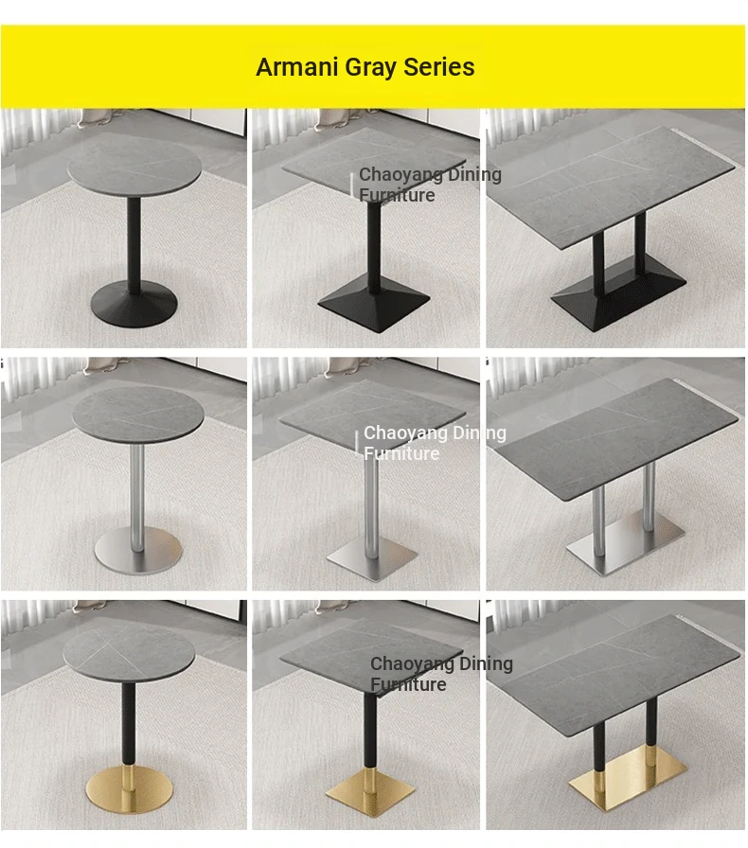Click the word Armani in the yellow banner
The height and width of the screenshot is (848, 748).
(x=297, y=67)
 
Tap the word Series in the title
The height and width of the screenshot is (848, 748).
(x=439, y=67)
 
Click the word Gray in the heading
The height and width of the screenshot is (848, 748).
(x=371, y=68)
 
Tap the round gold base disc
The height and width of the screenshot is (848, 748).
(x=130, y=787)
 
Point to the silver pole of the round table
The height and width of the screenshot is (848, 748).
(x=137, y=496)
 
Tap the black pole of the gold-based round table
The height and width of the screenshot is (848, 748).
(x=128, y=724)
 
